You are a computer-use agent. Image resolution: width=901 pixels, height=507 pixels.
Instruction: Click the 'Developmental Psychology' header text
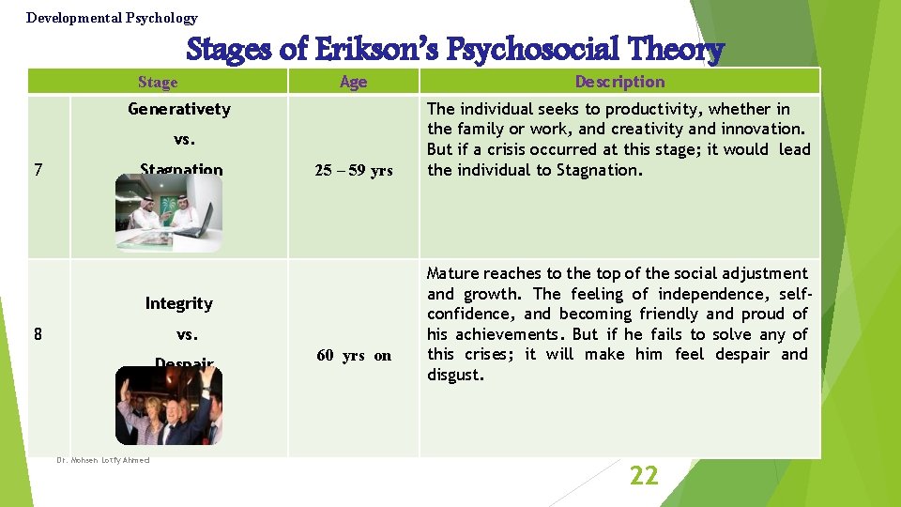pos(112,18)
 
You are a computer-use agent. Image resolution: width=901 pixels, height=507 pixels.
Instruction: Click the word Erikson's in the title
pos(370,50)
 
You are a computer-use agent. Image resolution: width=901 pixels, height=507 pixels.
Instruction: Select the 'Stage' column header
pos(157,82)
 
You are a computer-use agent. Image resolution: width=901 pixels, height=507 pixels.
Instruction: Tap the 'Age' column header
pos(353,82)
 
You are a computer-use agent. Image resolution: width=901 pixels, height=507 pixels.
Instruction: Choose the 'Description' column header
pos(619,82)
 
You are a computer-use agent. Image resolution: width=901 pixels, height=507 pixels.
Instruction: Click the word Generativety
pos(178,109)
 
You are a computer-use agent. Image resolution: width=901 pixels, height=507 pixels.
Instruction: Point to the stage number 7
pos(37,171)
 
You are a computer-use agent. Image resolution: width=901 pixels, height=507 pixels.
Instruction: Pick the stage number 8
pos(37,333)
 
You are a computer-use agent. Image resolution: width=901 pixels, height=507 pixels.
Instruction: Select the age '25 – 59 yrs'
pos(354,171)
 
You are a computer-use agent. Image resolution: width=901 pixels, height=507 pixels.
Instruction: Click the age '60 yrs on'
pos(354,355)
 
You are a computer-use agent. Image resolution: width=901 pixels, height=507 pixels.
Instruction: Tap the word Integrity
pos(178,303)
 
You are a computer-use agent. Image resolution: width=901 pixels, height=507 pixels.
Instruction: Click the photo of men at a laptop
pos(169,213)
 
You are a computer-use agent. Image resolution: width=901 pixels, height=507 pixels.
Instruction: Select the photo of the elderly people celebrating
pos(169,406)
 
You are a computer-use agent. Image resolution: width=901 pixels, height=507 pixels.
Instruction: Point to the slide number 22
pos(644,476)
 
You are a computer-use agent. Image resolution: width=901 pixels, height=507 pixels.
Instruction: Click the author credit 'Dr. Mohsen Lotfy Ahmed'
pos(103,460)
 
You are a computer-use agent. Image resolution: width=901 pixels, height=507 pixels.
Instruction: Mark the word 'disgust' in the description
pos(454,376)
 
